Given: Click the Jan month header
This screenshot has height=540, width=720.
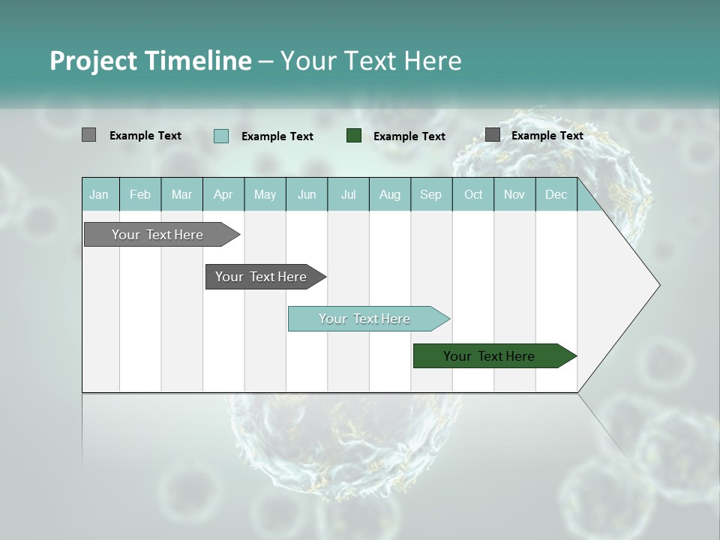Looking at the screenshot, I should tap(99, 195).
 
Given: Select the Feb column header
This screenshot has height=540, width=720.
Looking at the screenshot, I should tap(140, 195).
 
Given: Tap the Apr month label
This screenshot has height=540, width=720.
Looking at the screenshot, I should tap(223, 195).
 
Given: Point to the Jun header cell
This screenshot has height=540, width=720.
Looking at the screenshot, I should tap(307, 195).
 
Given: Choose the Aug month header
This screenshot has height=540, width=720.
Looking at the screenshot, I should tap(390, 195).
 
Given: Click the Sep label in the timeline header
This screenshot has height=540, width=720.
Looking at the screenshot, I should tap(430, 195).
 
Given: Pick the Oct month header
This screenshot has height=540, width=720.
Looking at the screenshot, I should tap(473, 195).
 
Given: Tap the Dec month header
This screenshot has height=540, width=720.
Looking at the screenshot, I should tap(556, 195).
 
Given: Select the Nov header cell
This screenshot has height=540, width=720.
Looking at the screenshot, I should tap(514, 195).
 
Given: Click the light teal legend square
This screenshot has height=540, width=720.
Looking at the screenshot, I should tap(221, 136).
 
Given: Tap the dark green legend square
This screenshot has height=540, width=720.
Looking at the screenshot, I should tap(354, 136).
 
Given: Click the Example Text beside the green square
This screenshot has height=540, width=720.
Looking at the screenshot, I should tap(409, 136).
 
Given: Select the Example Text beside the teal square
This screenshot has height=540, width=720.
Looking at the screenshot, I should tap(277, 136).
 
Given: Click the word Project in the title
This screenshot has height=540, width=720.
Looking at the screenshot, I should tap(93, 61).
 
